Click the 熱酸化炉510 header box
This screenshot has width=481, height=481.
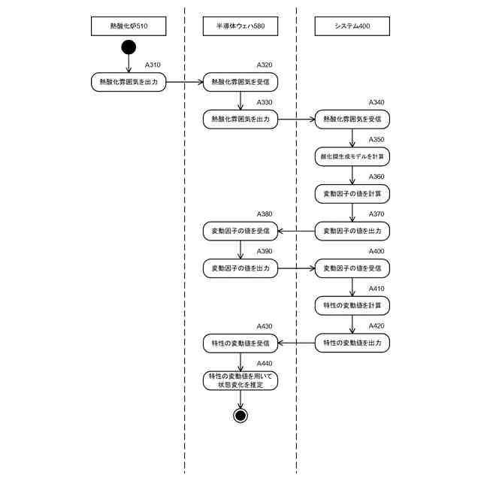[129, 27]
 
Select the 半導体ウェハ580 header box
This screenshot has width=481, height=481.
[240, 27]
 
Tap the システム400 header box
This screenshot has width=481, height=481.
[352, 27]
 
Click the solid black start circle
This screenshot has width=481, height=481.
[129, 49]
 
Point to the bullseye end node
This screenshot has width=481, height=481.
[240, 415]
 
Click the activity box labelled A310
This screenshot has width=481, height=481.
[129, 81]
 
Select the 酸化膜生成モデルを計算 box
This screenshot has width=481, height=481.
[352, 156]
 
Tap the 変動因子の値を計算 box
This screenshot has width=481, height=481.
[352, 193]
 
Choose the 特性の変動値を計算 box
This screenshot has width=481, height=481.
[352, 305]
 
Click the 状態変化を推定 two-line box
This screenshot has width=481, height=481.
[240, 380]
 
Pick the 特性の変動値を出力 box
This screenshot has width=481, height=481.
[352, 343]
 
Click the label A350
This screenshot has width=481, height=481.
[376, 140]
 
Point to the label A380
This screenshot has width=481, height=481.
[265, 214]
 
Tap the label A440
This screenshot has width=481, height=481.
[265, 363]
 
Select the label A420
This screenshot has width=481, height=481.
[376, 326]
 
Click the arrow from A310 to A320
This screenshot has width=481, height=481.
[184, 81]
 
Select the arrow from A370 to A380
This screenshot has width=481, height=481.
[296, 231]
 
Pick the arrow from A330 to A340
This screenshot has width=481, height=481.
[296, 119]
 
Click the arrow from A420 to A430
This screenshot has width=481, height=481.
[296, 343]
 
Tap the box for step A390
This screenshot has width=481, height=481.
[240, 268]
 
